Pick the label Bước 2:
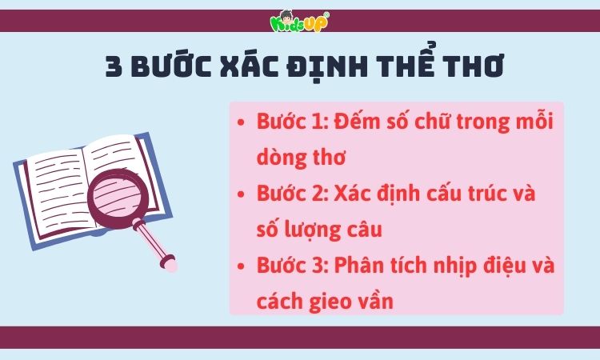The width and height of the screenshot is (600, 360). click(x=293, y=194)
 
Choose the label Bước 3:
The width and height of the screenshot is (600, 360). click(x=293, y=266)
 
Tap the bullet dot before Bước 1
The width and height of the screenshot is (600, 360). click(x=242, y=124)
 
